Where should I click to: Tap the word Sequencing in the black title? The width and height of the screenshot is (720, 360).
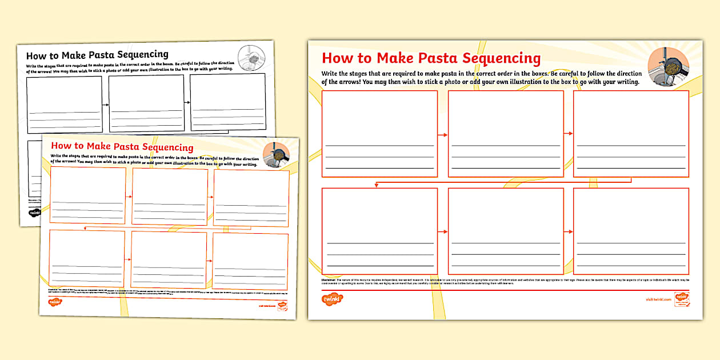[x=142, y=55]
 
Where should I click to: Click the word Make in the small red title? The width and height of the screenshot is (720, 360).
[x=112, y=147]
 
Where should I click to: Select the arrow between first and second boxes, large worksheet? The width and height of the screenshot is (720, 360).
[x=442, y=135]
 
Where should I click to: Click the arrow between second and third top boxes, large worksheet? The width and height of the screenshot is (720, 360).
[x=567, y=134]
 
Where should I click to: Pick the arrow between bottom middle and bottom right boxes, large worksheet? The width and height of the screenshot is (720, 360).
[x=567, y=231]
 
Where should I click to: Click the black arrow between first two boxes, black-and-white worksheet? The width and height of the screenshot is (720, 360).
[x=106, y=105]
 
